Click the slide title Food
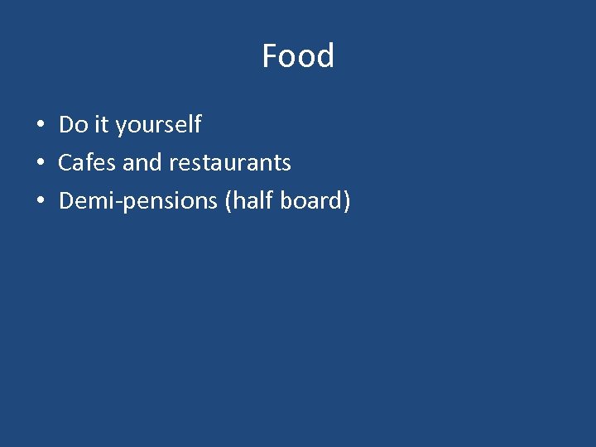point(298,56)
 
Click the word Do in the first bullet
point(73,125)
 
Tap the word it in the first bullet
point(101,125)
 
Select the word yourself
point(158,126)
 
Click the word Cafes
point(87,162)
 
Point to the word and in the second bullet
point(142,162)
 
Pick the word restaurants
point(229,163)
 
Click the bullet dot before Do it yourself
point(40,126)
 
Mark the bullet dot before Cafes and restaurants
point(40,163)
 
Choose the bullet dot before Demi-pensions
point(40,201)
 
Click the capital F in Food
point(270,56)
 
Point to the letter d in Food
point(325,56)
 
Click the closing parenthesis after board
point(347,201)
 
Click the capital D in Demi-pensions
point(66,200)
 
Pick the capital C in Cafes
point(65,162)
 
